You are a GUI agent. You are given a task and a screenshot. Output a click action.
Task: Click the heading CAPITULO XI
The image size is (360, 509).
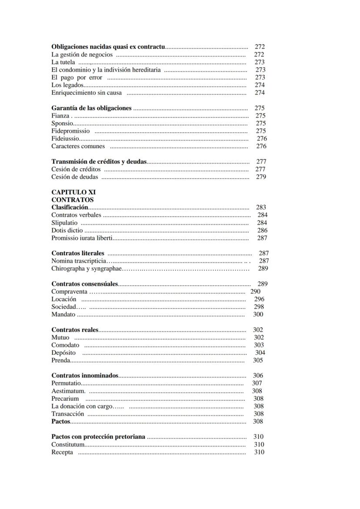pos(73,192)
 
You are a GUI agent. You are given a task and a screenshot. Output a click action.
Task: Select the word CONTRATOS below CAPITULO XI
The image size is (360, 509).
pos(72,200)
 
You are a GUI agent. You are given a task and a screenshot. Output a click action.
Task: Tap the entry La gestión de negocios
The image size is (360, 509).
pos(82,55)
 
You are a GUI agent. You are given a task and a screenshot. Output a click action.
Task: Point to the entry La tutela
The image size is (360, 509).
pos(63,62)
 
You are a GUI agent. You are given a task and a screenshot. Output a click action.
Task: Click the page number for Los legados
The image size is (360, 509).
pos(260,85)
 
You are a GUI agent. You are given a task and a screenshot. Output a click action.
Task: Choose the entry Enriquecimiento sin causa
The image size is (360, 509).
pos(87,93)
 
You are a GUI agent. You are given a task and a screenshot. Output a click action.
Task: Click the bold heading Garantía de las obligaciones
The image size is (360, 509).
pos(91,108)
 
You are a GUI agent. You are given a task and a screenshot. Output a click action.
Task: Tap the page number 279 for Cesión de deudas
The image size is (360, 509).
pos(261,177)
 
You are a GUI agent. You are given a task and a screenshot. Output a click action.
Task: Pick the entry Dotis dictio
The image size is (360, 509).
pos(67,230)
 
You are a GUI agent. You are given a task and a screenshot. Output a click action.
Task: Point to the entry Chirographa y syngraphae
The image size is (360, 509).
pos(86,269)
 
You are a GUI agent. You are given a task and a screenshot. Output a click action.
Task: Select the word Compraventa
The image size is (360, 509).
pos(69,292)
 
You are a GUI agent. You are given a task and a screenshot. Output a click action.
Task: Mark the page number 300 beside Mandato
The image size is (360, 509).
pos(258,315)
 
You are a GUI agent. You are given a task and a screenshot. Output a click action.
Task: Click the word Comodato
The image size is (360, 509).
pos(65,345)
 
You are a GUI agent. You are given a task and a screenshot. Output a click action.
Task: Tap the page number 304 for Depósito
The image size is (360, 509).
pos(260,353)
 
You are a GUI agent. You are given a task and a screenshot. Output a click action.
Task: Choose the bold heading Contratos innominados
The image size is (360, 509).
pos(85,376)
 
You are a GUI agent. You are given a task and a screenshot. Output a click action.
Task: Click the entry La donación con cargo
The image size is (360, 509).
pos(82,406)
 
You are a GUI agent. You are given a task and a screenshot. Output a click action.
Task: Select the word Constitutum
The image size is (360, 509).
pos(68,445)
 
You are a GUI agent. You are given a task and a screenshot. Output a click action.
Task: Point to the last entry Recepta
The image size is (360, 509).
pos(62,452)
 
